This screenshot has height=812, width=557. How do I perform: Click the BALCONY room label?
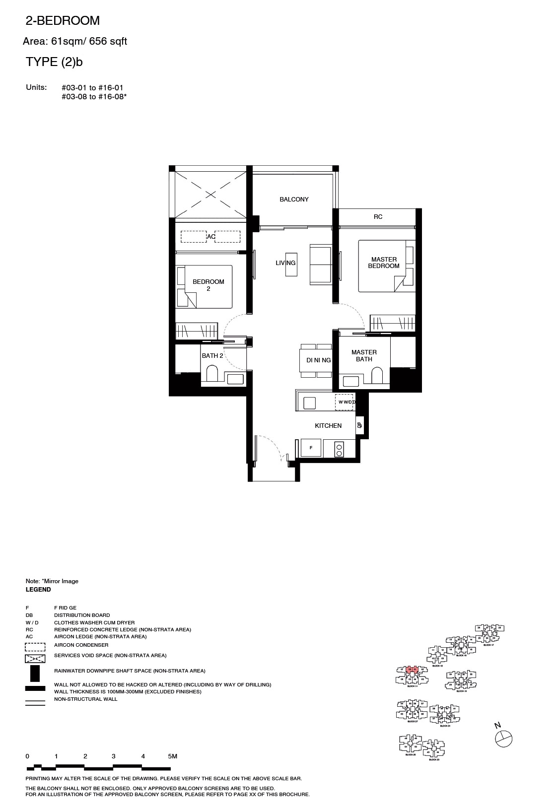click(x=294, y=200)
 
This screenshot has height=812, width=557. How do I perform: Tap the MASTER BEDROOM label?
click(x=384, y=263)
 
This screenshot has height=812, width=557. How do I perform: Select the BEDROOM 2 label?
click(x=209, y=285)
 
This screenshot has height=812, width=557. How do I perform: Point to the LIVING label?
click(x=285, y=263)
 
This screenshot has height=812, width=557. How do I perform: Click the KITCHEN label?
click(x=328, y=426)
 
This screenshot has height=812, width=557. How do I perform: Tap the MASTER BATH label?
click(x=364, y=355)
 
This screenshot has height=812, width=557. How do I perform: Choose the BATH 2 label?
click(x=212, y=356)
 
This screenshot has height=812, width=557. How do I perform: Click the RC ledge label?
click(x=378, y=217)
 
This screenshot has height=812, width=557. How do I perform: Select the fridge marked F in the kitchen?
click(x=311, y=448)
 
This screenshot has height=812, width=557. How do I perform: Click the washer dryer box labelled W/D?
click(x=345, y=402)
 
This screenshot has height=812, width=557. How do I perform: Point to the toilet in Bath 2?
click(x=212, y=373)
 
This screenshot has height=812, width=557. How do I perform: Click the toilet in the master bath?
click(x=377, y=375)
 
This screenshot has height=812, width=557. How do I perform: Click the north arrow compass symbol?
click(x=503, y=739)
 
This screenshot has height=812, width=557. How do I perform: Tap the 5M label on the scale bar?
click(x=172, y=756)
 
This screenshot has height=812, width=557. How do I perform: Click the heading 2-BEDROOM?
click(x=63, y=21)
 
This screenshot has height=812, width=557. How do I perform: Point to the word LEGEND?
click(x=38, y=590)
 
